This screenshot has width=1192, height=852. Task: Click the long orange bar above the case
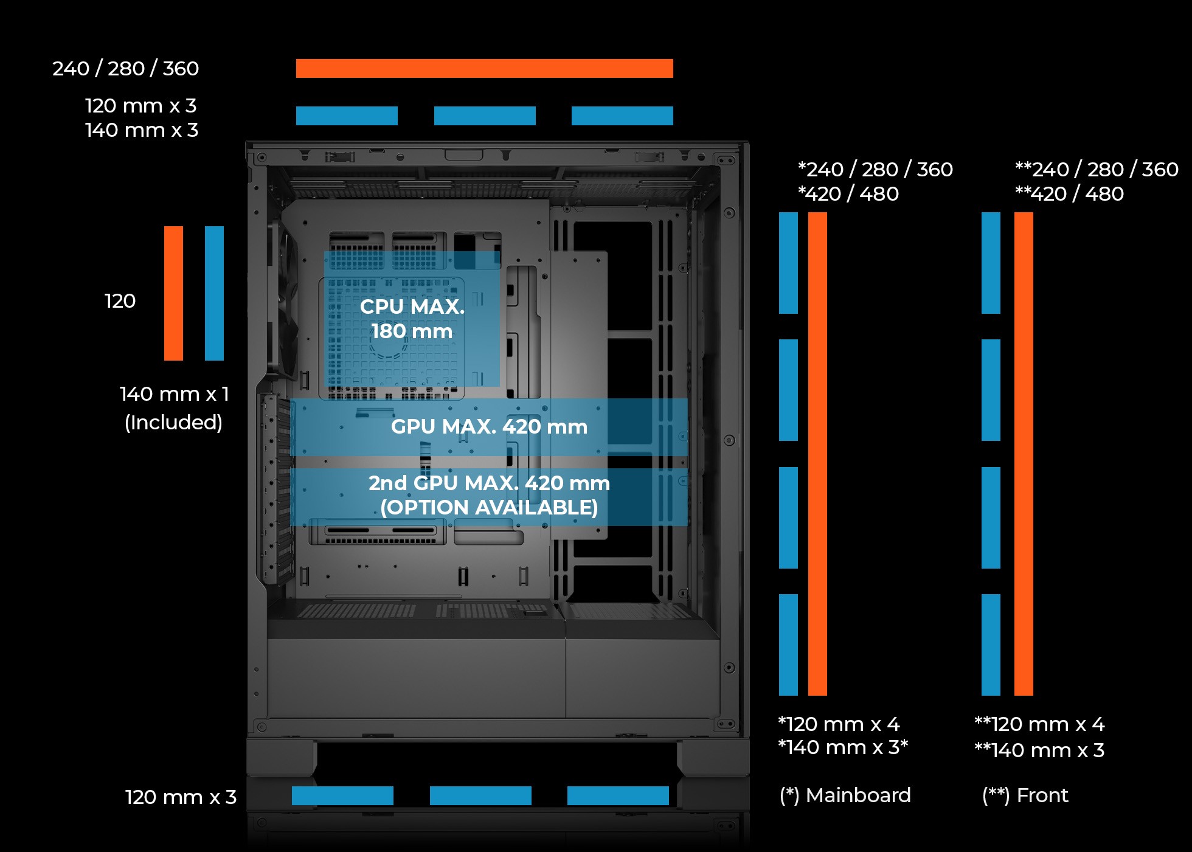(x=484, y=68)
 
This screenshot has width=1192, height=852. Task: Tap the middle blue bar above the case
(x=485, y=116)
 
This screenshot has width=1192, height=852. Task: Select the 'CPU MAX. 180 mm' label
(x=412, y=319)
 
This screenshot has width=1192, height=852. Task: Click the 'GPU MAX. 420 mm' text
(x=489, y=427)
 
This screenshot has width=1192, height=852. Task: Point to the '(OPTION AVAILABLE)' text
(x=489, y=508)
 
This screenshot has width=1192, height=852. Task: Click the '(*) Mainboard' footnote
(x=845, y=795)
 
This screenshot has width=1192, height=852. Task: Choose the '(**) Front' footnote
(x=1025, y=795)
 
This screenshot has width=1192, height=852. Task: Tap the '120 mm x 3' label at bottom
(x=181, y=797)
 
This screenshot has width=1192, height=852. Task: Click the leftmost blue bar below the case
(x=342, y=795)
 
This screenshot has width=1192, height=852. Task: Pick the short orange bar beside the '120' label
(x=173, y=293)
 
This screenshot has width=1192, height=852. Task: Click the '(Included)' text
(x=173, y=423)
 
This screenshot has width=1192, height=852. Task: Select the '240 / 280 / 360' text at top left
(x=125, y=69)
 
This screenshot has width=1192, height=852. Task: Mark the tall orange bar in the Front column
(x=1024, y=454)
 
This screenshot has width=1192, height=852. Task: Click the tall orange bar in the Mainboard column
(x=817, y=454)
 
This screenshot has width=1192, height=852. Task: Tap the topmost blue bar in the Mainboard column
(x=788, y=263)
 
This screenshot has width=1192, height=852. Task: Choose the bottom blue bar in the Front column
(x=991, y=645)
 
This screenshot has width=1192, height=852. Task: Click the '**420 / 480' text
(x=1069, y=194)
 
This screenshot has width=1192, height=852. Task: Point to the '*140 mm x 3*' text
(x=843, y=747)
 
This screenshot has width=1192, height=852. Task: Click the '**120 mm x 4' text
(x=1039, y=724)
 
